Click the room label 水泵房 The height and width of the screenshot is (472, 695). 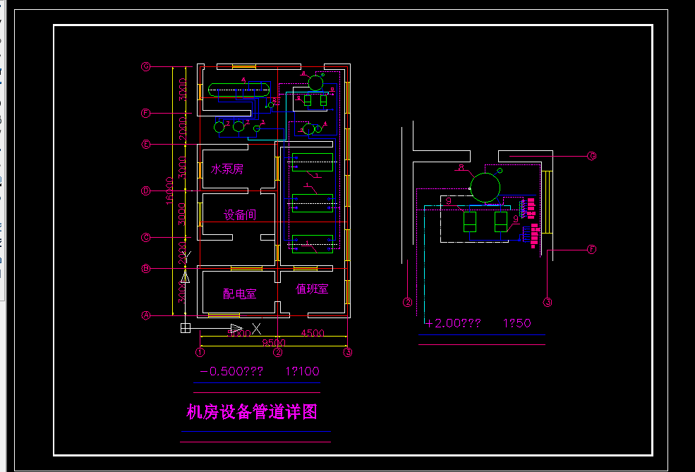(226, 169)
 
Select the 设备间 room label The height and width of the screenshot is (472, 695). (240, 214)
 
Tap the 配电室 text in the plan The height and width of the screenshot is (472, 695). (240, 294)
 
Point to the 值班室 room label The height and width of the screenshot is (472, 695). (312, 289)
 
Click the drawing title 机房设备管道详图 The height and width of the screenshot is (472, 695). (251, 412)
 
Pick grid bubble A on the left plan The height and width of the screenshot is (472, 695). (146, 315)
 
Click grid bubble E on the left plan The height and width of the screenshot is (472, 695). (146, 145)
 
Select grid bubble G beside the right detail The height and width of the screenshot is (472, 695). (592, 156)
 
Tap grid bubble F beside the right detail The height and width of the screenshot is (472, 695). (592, 249)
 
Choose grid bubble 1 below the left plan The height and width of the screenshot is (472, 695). (200, 351)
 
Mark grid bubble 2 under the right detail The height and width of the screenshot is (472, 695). (408, 303)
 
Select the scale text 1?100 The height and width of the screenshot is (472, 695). (302, 371)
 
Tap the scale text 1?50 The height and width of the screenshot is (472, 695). (516, 323)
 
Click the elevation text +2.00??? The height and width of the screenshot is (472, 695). (453, 323)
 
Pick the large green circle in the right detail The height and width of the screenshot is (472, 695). (485, 187)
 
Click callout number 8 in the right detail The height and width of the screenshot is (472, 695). (461, 168)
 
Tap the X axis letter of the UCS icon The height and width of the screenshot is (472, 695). (257, 328)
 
